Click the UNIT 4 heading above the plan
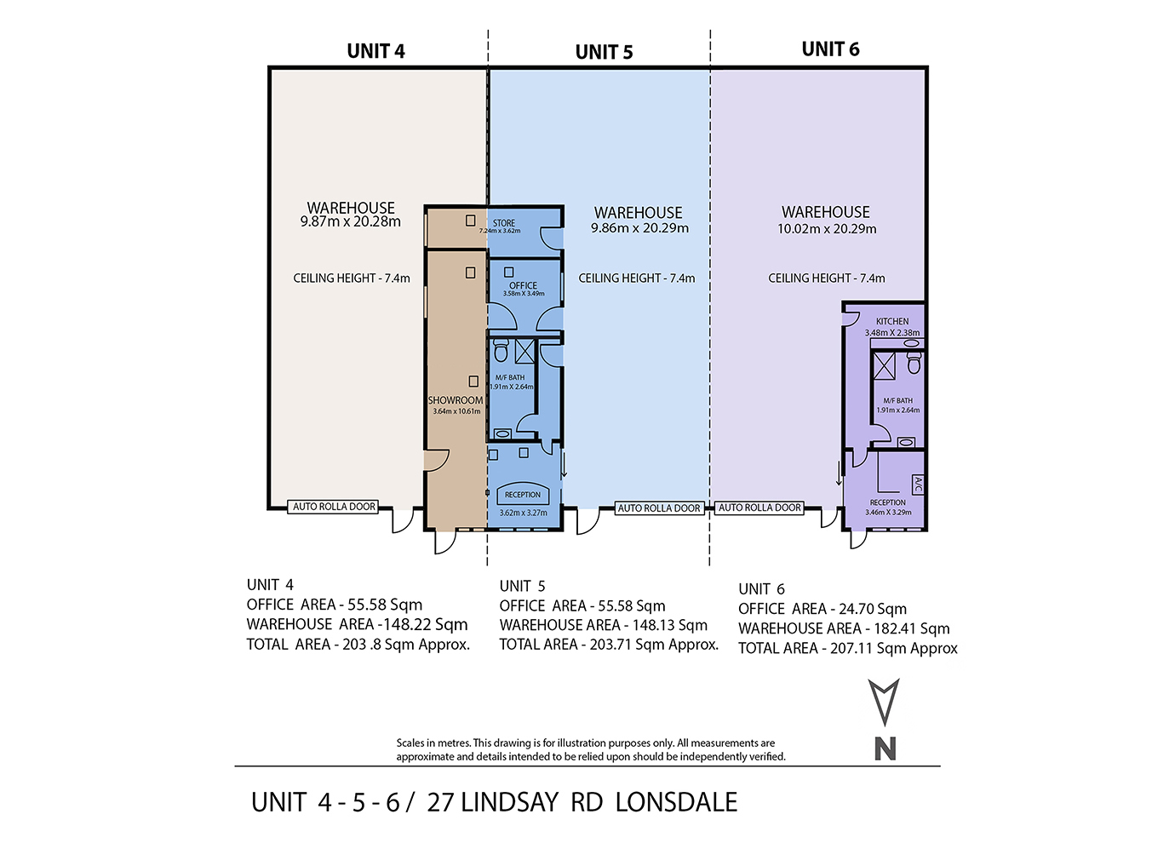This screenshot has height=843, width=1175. click(x=375, y=51)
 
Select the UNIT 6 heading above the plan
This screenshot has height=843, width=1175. click(x=830, y=49)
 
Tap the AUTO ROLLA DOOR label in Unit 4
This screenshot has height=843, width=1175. click(x=334, y=507)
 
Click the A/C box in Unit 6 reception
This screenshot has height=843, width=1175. click(x=918, y=485)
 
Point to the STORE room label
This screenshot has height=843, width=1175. click(x=503, y=223)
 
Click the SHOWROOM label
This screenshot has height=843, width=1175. click(x=455, y=400)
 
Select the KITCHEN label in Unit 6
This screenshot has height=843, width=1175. click(x=892, y=322)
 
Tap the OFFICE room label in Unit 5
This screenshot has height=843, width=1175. click(x=523, y=285)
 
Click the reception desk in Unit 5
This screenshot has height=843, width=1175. click(x=523, y=494)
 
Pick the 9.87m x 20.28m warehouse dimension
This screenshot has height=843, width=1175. click(x=351, y=222)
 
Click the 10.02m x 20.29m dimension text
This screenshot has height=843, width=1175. click(x=827, y=229)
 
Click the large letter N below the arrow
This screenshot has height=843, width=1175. click(x=885, y=748)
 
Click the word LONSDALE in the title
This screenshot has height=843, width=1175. click(x=676, y=802)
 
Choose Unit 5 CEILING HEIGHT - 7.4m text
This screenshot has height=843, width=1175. click(x=636, y=278)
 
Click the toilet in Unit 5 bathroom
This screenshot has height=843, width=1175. click(x=501, y=350)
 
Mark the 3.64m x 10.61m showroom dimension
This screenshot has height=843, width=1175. click(x=456, y=411)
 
